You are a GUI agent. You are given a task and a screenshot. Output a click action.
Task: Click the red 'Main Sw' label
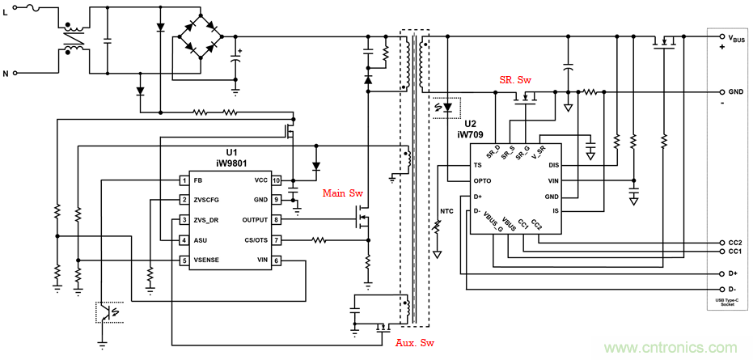343,193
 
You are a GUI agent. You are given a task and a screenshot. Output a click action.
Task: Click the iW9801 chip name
231,163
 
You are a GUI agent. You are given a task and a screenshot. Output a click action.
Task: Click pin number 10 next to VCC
276,180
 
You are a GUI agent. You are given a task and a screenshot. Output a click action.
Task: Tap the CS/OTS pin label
255,240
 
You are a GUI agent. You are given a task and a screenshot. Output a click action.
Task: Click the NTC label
446,212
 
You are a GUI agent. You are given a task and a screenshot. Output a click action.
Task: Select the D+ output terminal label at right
732,274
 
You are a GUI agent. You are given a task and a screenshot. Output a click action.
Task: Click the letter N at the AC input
6,74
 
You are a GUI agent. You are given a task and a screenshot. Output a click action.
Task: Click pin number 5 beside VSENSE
184,260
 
